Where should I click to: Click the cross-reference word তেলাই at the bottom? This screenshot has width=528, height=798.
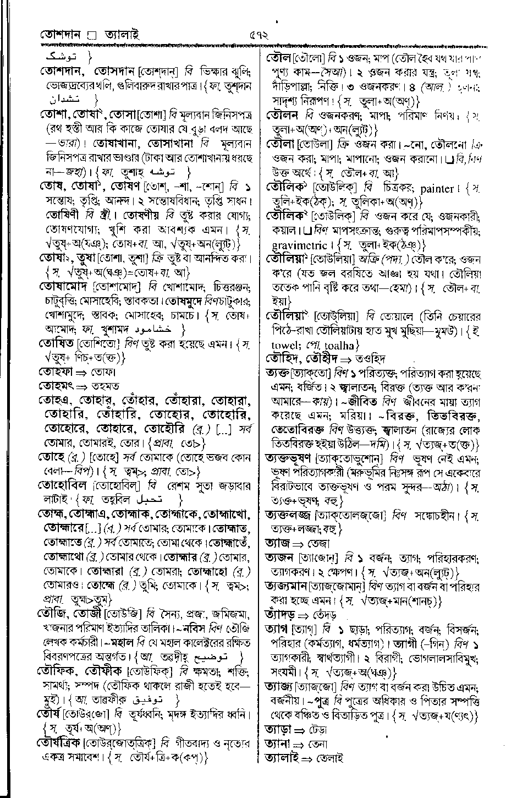tap(327, 758)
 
